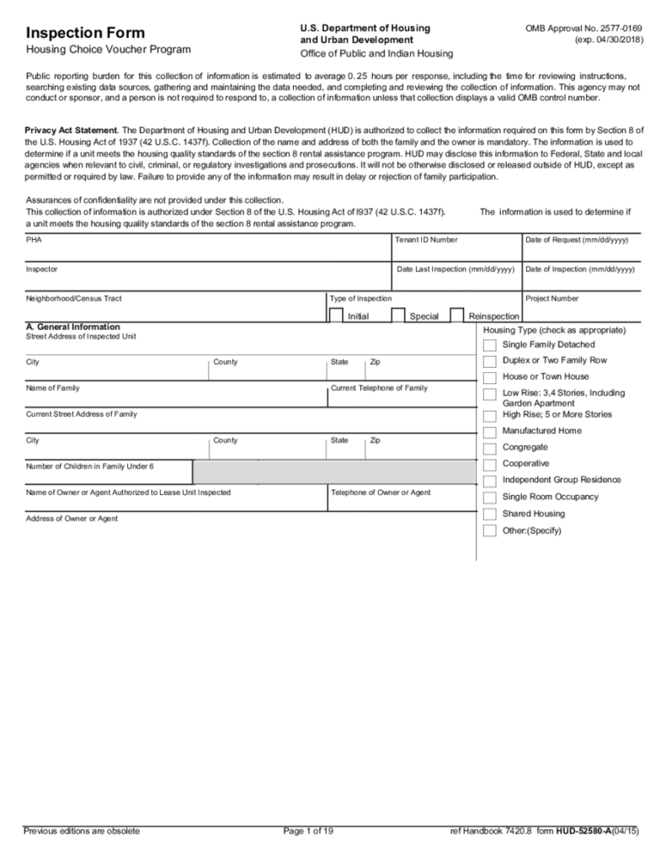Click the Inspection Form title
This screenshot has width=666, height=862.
point(85,33)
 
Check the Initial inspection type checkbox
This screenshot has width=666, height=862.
point(335,316)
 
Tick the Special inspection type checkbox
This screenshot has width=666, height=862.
point(398,316)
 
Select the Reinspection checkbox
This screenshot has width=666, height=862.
point(457,316)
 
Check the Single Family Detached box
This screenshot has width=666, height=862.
point(489,345)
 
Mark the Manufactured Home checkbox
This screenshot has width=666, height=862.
point(489,432)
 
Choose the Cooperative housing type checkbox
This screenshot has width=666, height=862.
point(489,465)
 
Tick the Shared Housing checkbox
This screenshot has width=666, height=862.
point(489,514)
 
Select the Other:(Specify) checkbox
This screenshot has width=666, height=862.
point(489,531)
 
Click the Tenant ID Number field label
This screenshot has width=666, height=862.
point(426,240)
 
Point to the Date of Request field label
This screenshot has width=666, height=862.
point(577,240)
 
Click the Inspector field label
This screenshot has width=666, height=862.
point(42,269)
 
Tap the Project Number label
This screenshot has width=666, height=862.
point(551,298)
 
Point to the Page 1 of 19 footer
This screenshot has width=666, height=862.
point(309,832)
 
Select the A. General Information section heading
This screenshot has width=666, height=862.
point(72,327)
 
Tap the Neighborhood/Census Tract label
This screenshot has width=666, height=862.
point(79,298)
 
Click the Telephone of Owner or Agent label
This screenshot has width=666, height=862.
point(381,492)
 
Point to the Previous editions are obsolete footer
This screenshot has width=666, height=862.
point(82,832)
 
